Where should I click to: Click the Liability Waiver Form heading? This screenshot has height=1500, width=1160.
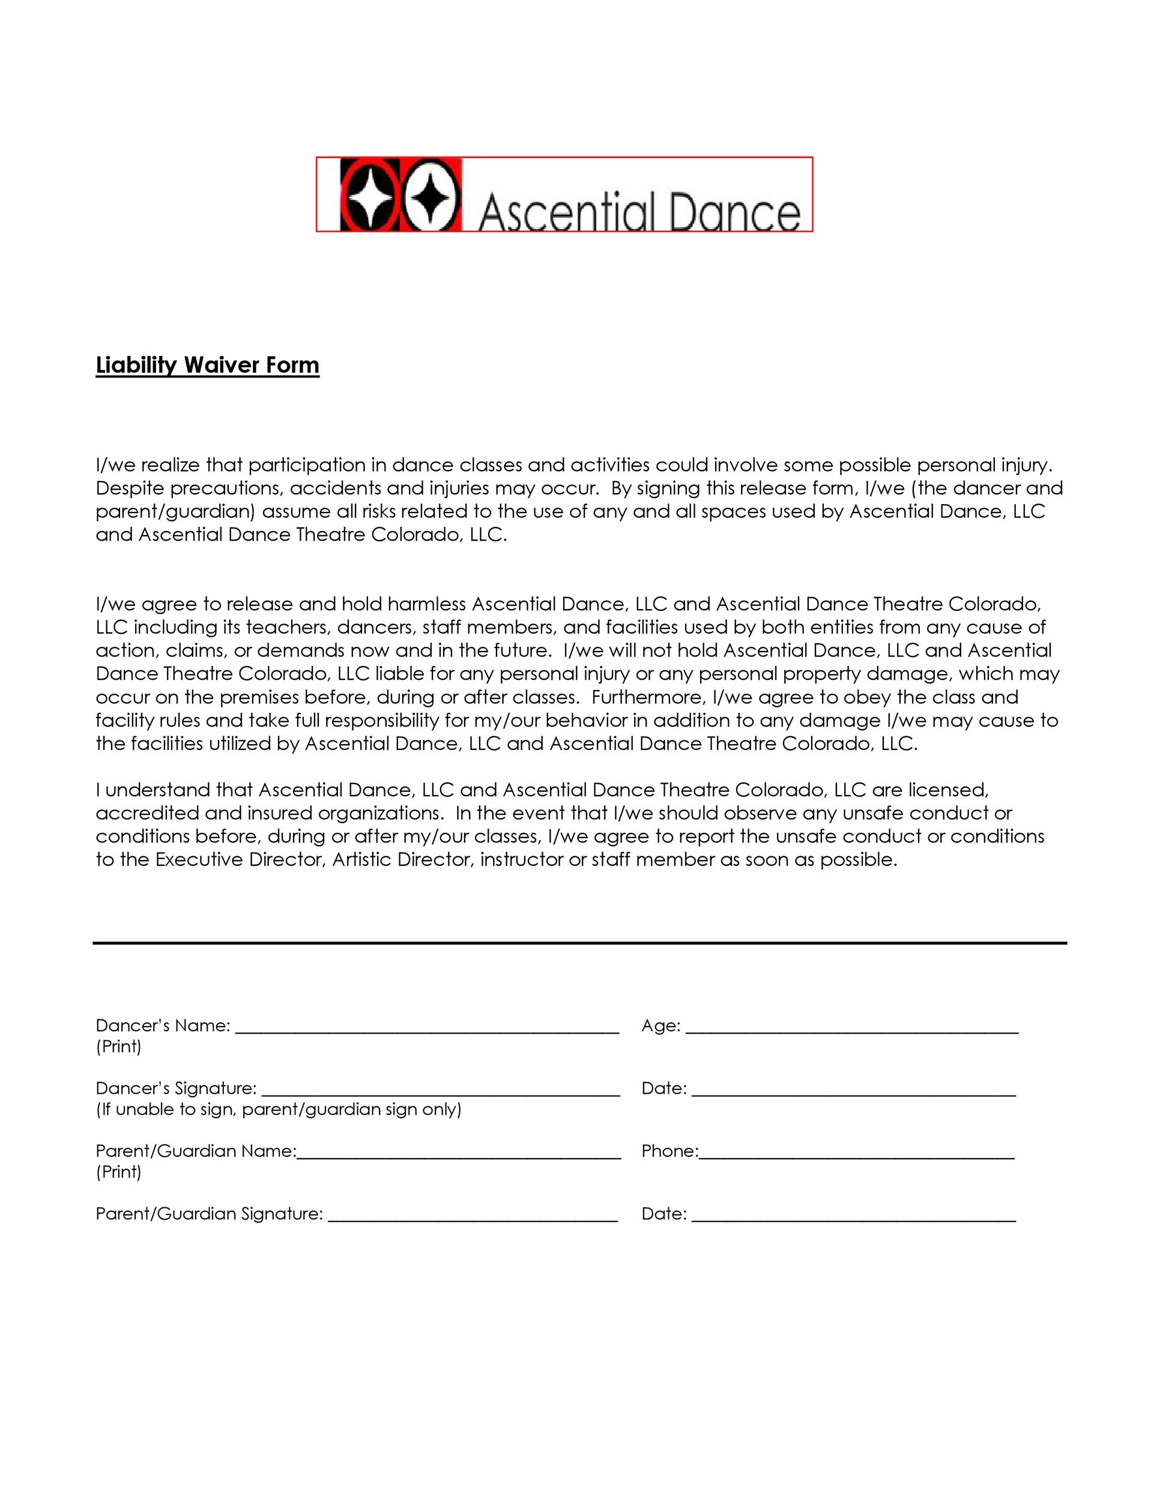[207, 365]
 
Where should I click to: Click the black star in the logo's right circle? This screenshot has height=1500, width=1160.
[431, 196]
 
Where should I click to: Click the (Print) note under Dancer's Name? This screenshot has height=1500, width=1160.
[118, 1047]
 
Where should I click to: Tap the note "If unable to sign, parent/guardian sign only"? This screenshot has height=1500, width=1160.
[279, 1109]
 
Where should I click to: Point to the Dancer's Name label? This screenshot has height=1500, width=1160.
[162, 1025]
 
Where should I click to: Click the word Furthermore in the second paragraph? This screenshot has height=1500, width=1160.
[648, 698]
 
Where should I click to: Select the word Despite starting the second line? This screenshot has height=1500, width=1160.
[130, 489]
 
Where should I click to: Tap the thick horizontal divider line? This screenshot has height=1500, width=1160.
[579, 943]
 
